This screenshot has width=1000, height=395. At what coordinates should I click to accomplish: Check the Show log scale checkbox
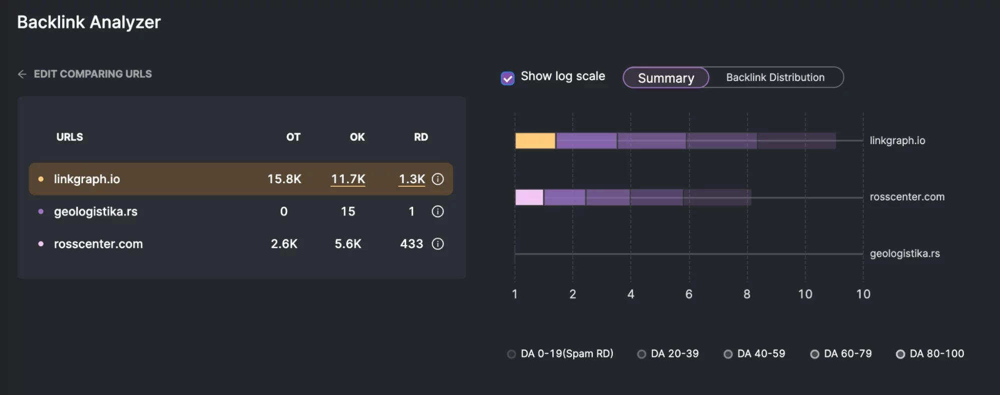tap(507, 78)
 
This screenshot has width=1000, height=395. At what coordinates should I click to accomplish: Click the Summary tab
tap(666, 78)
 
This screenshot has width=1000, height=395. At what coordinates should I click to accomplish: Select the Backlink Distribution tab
tap(775, 78)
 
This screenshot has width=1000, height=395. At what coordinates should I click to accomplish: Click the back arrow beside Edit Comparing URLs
tap(22, 74)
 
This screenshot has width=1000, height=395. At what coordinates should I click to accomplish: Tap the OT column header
tap(293, 137)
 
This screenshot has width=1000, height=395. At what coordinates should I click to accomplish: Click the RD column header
tap(421, 137)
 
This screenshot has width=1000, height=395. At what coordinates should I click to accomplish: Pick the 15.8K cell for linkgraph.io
tap(284, 179)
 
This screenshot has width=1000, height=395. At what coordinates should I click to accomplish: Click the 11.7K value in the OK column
tap(348, 179)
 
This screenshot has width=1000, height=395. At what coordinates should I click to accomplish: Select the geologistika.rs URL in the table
tap(96, 212)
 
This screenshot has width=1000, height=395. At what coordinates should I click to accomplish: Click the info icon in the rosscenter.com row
tap(438, 244)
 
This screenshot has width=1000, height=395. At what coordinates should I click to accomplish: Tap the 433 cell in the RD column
tap(411, 244)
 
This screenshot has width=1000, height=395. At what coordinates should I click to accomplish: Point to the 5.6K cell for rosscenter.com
tap(348, 244)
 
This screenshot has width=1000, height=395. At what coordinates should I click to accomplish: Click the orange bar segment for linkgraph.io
tap(535, 141)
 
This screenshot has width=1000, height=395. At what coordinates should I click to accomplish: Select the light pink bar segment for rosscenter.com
tap(529, 197)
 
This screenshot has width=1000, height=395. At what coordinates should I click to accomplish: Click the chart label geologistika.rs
tap(904, 254)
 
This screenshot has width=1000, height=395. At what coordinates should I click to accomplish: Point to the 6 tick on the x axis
tap(689, 294)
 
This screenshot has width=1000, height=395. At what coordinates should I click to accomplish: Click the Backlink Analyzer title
tap(89, 22)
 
